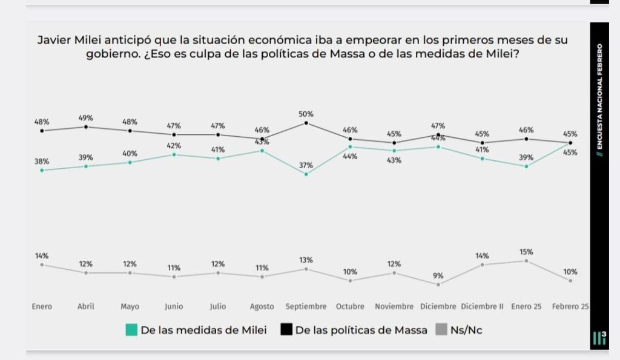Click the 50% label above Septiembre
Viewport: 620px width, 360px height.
(306, 114)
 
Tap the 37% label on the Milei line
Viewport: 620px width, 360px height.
(306, 165)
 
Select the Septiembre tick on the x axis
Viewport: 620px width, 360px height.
(306, 306)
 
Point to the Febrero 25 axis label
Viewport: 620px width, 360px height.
(570, 306)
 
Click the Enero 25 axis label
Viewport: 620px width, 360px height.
(526, 306)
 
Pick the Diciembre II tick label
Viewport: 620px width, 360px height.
(482, 306)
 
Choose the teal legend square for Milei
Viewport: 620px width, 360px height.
(131, 330)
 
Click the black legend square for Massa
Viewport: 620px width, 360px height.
(286, 330)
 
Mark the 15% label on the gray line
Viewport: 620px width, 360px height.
(526, 252)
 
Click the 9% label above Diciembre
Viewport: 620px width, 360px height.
(438, 276)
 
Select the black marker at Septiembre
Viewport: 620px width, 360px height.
(306, 123)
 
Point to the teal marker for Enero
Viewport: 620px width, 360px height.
(42, 170)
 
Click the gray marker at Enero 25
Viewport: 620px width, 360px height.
(526, 261)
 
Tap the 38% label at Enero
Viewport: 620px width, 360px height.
(42, 162)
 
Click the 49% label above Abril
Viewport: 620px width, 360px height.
(85, 118)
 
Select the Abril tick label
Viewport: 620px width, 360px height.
(85, 306)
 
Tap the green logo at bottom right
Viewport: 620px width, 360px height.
(599, 339)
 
